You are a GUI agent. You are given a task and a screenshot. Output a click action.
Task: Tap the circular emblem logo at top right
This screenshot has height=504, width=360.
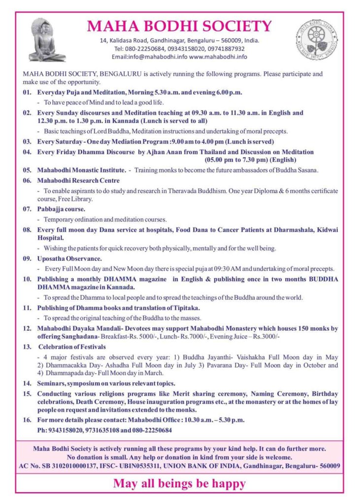click(x=316, y=39)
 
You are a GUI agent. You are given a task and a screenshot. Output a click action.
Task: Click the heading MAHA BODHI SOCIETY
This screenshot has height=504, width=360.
click(x=180, y=26)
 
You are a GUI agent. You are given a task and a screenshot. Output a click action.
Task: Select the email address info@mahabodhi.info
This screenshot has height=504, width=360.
click(x=158, y=57)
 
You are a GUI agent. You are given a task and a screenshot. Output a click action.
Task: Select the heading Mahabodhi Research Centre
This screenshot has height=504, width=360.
click(x=78, y=181)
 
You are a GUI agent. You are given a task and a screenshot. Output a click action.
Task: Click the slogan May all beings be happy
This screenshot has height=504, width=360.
click(x=179, y=483)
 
